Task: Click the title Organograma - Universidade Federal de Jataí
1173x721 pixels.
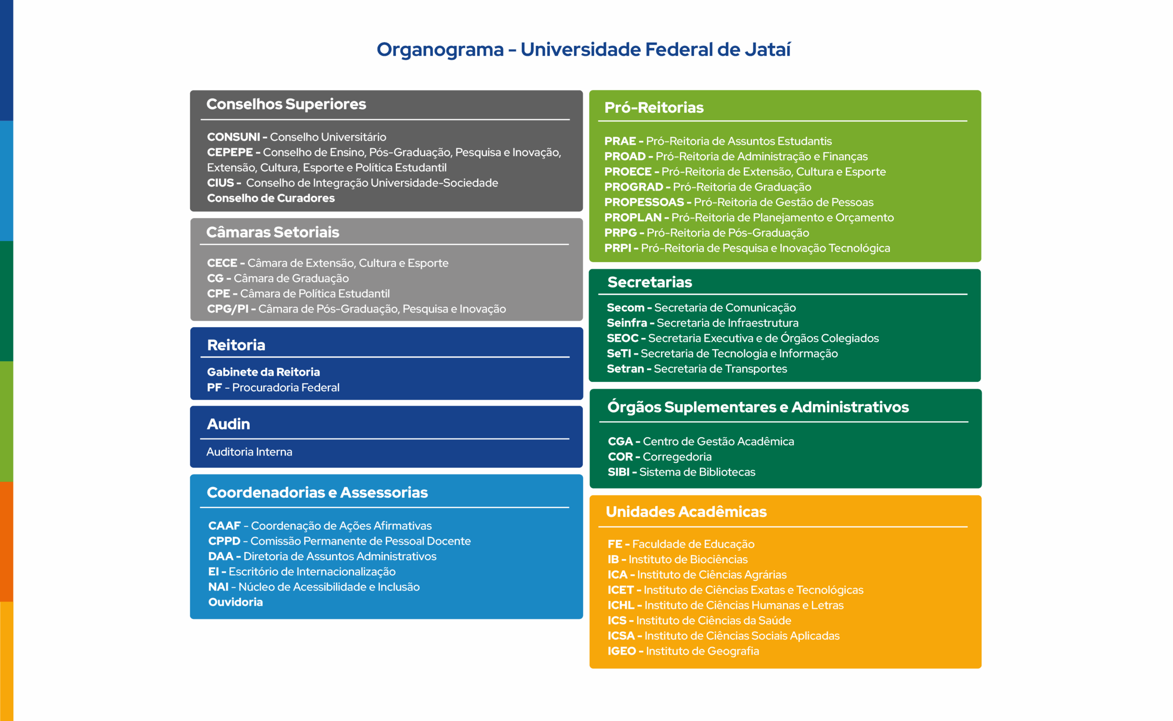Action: click(583, 50)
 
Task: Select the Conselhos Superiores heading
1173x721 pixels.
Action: click(286, 104)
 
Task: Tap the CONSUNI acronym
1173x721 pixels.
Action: click(234, 137)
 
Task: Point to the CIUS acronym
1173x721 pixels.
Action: click(220, 182)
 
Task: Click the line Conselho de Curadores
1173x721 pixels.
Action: click(271, 198)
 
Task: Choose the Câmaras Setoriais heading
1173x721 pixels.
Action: click(273, 232)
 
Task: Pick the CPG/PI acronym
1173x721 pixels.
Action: click(228, 309)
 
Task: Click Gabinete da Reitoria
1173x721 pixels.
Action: click(263, 372)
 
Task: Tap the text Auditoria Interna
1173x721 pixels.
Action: click(249, 451)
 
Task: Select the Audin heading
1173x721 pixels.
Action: click(228, 424)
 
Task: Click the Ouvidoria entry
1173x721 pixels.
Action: click(236, 602)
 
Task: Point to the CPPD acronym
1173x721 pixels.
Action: click(224, 541)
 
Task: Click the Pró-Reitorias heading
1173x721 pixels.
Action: click(654, 108)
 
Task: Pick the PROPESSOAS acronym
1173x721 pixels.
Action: click(644, 202)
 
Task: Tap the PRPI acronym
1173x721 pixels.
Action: click(618, 248)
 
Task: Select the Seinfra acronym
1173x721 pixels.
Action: click(627, 323)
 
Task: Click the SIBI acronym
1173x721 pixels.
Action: click(619, 472)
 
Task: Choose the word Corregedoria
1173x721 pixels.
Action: click(677, 457)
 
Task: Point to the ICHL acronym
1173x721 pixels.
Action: click(620, 605)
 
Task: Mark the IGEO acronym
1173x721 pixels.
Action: click(621, 651)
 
